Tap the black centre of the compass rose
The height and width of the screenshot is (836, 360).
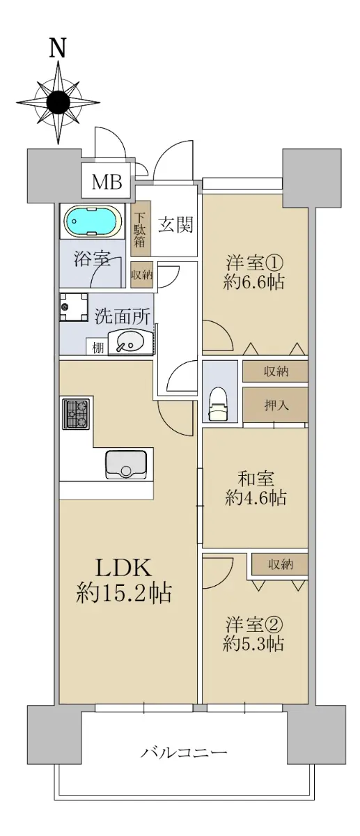pyautogui.click(x=58, y=102)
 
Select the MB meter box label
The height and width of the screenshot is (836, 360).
pyautogui.click(x=107, y=183)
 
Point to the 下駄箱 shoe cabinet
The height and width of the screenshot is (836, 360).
pyautogui.click(x=140, y=229)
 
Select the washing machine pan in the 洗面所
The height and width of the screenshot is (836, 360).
pyautogui.click(x=74, y=307)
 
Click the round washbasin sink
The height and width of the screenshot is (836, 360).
pyautogui.click(x=126, y=342)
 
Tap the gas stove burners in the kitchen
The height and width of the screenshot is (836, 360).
pyautogui.click(x=77, y=414)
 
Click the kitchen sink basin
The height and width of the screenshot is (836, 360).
pyautogui.click(x=126, y=465)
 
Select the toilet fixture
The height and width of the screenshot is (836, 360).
pyautogui.click(x=219, y=403)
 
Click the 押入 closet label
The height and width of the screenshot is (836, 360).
pyautogui.click(x=276, y=405)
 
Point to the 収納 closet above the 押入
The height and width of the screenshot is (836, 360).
pyautogui.click(x=275, y=371)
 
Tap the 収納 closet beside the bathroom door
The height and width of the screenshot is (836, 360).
pyautogui.click(x=141, y=274)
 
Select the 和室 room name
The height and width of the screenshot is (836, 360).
pyautogui.click(x=256, y=479)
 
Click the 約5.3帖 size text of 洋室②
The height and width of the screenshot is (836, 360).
pyautogui.click(x=253, y=644)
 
